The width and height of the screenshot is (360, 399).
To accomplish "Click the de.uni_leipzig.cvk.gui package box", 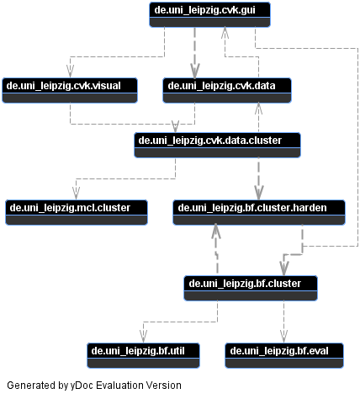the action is click(x=209, y=14).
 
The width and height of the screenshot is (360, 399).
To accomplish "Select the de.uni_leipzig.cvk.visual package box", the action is click(x=70, y=90).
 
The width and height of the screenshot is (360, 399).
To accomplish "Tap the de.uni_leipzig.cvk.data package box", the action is click(x=227, y=90).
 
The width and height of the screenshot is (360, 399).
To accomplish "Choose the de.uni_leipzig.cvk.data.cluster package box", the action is click(x=217, y=145).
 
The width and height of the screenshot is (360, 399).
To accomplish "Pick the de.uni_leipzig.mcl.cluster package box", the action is click(x=77, y=212).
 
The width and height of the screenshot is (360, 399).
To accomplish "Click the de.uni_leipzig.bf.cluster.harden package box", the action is click(x=259, y=212).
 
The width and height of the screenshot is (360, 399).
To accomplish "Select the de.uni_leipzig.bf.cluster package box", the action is click(x=251, y=288).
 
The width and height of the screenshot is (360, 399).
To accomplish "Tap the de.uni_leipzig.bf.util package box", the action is click(x=143, y=355).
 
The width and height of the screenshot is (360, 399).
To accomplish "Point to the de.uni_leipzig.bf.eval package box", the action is click(x=284, y=355).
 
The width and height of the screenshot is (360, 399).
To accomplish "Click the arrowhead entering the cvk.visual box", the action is click(x=70, y=72).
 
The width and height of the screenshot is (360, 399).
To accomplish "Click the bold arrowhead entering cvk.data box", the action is click(x=195, y=71).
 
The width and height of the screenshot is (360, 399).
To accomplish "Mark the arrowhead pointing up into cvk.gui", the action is click(x=225, y=33).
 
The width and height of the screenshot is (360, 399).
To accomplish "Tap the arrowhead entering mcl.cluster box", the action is click(x=76, y=194).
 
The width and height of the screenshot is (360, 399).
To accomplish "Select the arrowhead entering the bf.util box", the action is click(x=143, y=337).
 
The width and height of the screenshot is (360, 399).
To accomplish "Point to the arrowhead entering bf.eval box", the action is click(x=284, y=337).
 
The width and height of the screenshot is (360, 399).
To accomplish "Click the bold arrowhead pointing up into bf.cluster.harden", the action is click(x=215, y=231).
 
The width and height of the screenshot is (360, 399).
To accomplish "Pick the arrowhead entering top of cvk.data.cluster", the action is click(x=175, y=126).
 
